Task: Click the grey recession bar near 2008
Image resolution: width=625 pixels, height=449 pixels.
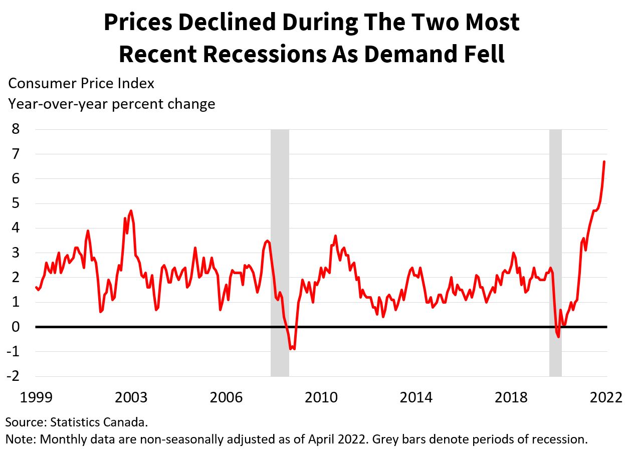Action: click(280, 251)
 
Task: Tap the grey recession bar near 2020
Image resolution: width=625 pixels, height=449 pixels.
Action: click(555, 251)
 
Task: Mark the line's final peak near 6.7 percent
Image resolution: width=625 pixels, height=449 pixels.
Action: click(604, 161)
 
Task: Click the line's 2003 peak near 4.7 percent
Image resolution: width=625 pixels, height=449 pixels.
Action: click(131, 211)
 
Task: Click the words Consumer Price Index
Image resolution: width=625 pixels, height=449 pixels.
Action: click(81, 83)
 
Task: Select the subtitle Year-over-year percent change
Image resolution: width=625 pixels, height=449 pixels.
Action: click(111, 104)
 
